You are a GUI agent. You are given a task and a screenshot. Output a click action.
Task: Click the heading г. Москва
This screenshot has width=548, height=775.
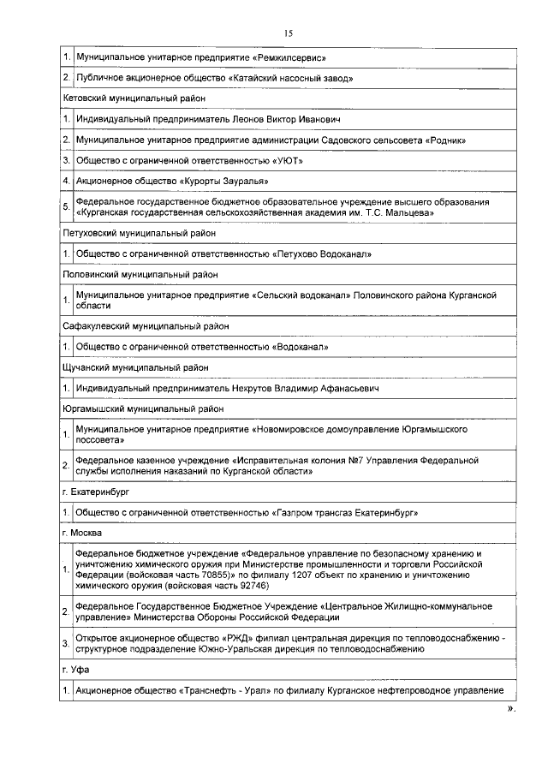(x=82, y=533)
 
